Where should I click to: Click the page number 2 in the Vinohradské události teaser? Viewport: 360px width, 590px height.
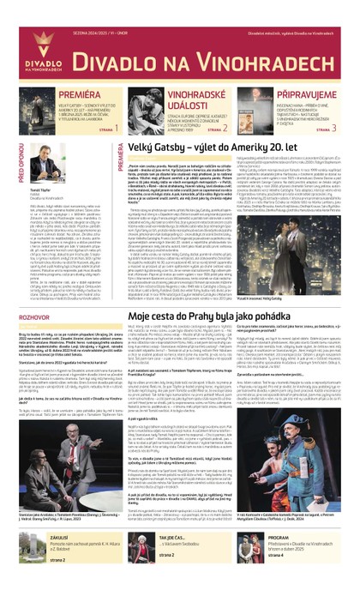coord(225,129)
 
